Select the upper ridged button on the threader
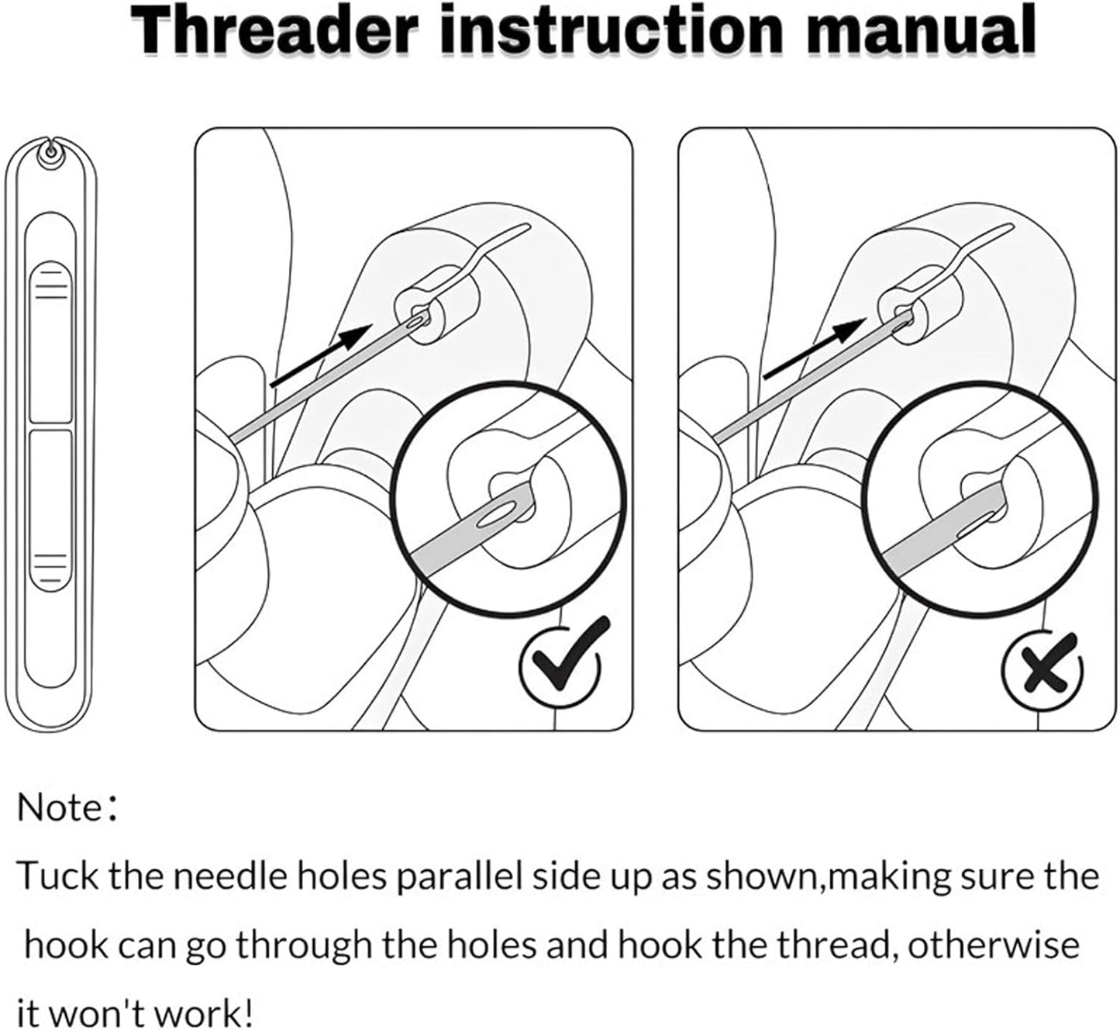[50, 341]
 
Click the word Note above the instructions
[60, 807]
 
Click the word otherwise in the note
[993, 945]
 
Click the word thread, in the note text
[834, 945]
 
